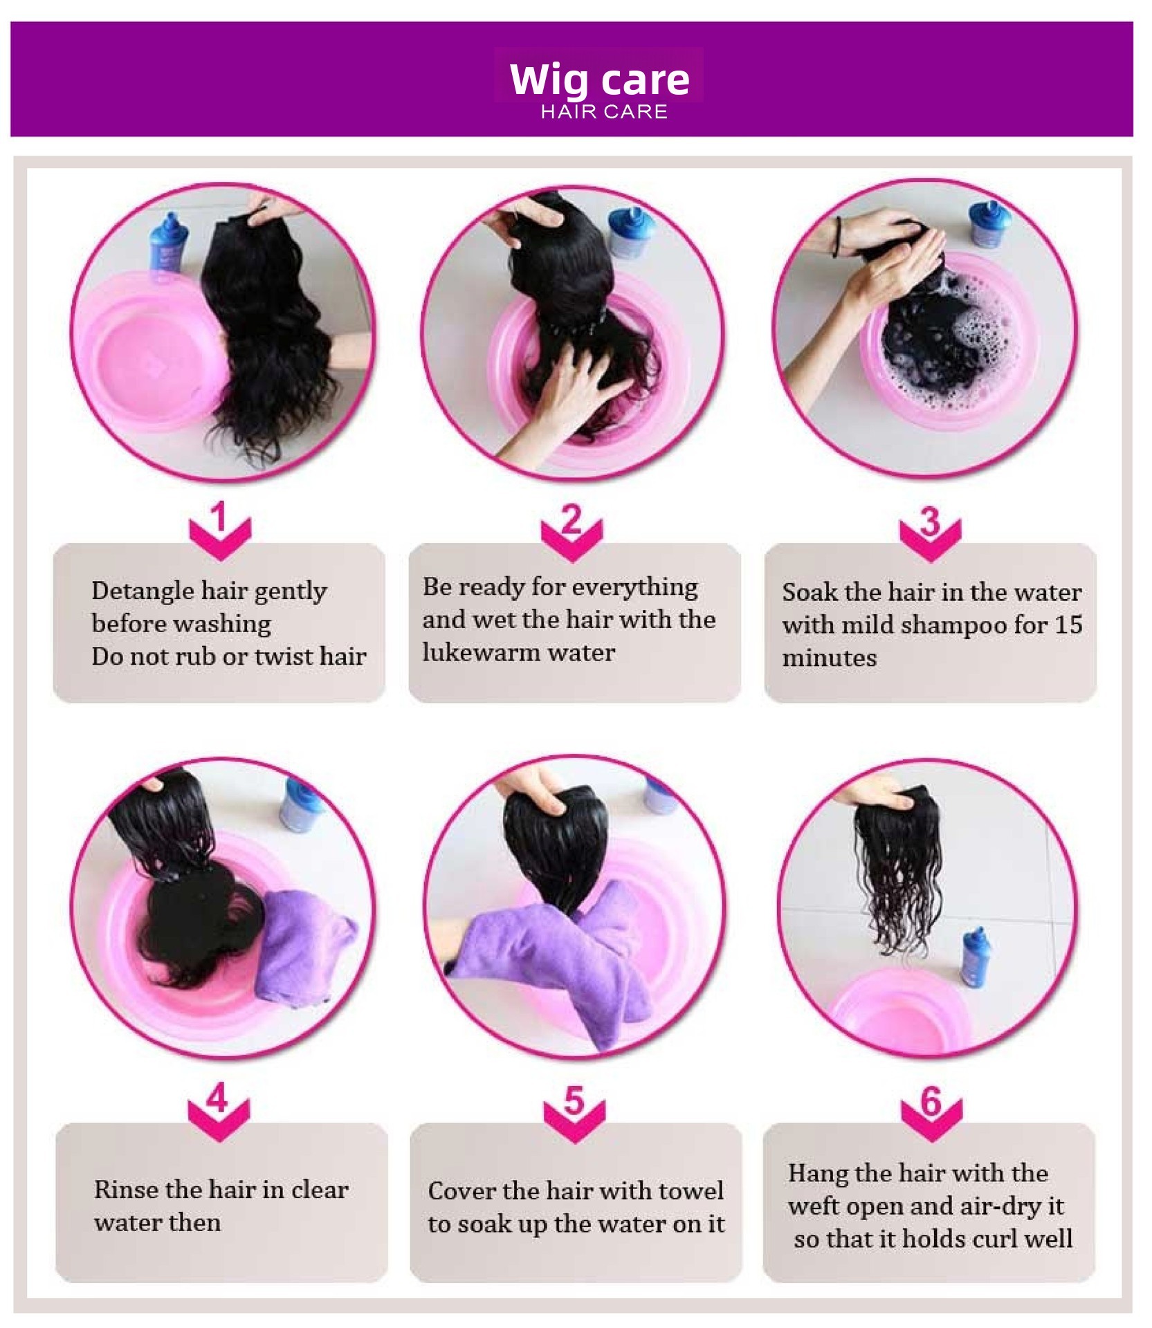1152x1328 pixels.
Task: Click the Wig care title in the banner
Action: [599, 80]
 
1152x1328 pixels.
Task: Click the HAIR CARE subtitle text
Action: [604, 112]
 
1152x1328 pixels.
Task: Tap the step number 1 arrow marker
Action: [220, 531]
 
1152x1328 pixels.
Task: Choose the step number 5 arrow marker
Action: [574, 1111]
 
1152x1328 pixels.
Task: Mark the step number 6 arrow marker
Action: [931, 1112]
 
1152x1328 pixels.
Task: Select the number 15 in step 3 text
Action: [1068, 625]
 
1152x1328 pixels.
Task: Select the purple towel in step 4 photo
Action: [305, 943]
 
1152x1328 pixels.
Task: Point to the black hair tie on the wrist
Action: [839, 237]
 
